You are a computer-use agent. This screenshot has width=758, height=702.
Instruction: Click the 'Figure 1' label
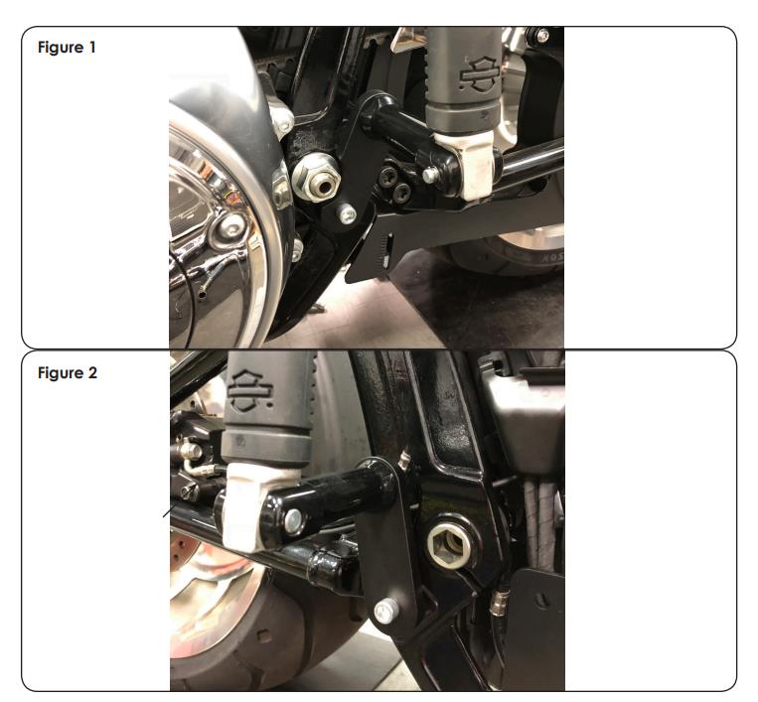pyautogui.click(x=67, y=48)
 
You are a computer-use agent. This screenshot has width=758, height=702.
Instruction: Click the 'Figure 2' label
pyautogui.click(x=68, y=372)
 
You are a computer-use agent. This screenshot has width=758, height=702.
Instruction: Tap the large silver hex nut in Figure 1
pyautogui.click(x=316, y=178)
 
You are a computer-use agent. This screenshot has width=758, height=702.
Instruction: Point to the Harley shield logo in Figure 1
pyautogui.click(x=479, y=74)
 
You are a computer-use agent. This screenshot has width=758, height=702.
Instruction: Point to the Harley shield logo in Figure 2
pyautogui.click(x=250, y=390)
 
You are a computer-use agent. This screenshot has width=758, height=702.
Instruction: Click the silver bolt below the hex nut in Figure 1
pyautogui.click(x=347, y=214)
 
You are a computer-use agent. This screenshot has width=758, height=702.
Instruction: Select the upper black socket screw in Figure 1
pyautogui.click(x=389, y=176)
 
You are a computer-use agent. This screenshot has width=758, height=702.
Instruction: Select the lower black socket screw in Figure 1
pyautogui.click(x=401, y=194)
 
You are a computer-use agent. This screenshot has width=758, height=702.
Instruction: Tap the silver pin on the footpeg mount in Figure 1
pyautogui.click(x=430, y=174)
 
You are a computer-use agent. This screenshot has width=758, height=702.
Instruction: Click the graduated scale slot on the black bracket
pyautogui.click(x=386, y=250)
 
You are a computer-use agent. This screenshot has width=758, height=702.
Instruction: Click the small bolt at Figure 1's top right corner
pyautogui.click(x=542, y=35)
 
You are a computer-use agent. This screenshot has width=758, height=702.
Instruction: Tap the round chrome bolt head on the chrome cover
pyautogui.click(x=230, y=226)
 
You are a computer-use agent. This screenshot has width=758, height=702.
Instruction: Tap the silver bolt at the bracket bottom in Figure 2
pyautogui.click(x=386, y=612)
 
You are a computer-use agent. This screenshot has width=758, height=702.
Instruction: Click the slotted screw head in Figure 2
pyautogui.click(x=190, y=493)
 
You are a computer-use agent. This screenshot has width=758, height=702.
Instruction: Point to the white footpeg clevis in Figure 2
pyautogui.click(x=246, y=506)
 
